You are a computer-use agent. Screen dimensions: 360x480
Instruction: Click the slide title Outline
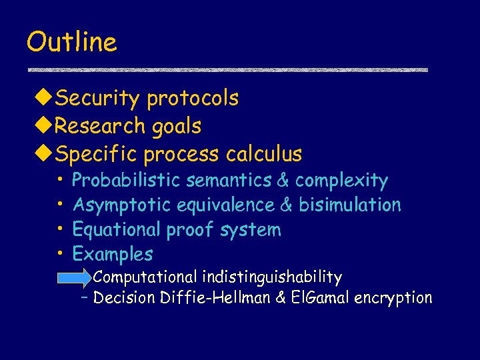tap(71, 42)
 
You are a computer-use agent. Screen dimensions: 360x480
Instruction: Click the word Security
tap(98, 99)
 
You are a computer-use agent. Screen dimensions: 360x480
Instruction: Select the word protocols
tap(193, 99)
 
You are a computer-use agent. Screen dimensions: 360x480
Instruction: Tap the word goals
tap(176, 126)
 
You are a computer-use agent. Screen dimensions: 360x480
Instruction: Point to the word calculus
tap(264, 154)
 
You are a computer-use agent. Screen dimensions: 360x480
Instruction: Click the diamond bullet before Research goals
tap(44, 126)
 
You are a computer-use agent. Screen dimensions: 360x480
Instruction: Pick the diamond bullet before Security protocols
tap(44, 99)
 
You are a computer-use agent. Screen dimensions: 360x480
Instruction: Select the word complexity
tap(341, 181)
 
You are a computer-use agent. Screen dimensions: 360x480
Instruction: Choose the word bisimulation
tap(350, 205)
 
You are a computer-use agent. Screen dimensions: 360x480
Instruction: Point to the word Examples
tap(113, 254)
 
